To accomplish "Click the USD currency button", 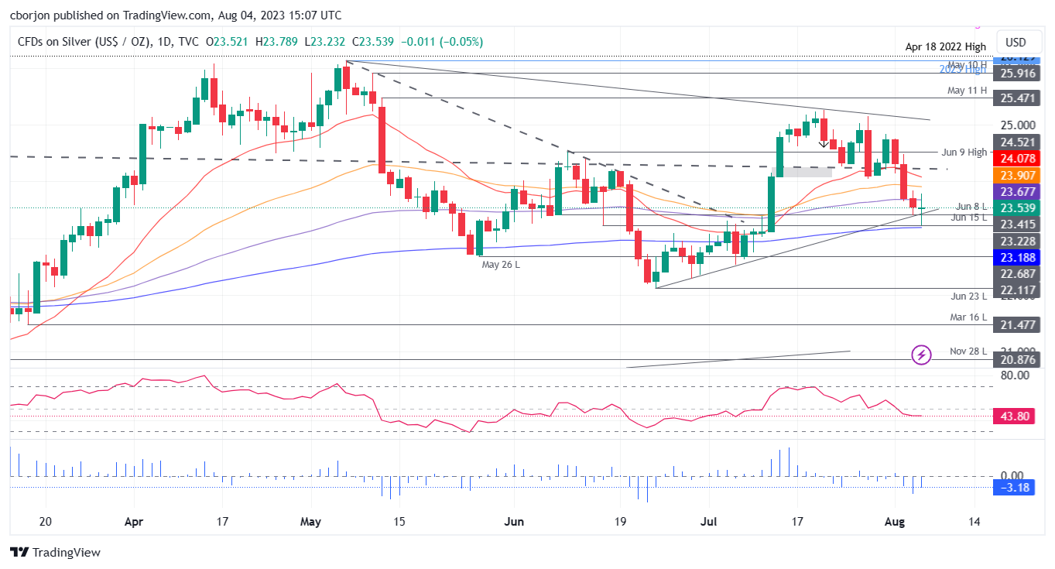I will [1015, 42].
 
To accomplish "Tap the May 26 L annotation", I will [500, 265].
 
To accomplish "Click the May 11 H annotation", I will [967, 91].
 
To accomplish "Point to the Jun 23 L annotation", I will [968, 296].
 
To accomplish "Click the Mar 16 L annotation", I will [968, 317].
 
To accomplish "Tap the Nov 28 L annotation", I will [968, 351].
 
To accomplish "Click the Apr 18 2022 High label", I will [946, 47].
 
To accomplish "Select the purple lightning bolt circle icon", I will [921, 355].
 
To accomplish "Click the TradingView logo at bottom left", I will [55, 553].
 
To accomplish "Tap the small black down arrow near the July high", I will [823, 143].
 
